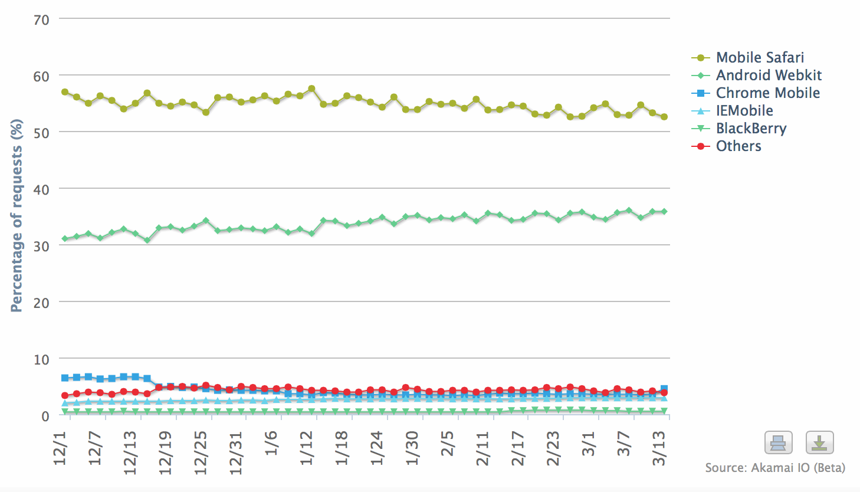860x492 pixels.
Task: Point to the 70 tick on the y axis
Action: (41, 20)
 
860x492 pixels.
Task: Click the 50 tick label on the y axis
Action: (41, 133)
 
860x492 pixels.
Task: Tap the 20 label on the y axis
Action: (41, 303)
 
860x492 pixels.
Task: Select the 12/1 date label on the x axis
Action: (60, 448)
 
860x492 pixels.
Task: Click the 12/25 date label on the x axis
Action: (201, 453)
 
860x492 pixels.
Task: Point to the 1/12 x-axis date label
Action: (307, 448)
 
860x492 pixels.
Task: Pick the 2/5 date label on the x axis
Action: (448, 444)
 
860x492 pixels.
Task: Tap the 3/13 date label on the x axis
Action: (659, 448)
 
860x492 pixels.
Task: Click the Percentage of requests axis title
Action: (17, 215)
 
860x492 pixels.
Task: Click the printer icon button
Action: (779, 442)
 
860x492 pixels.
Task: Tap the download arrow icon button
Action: (820, 442)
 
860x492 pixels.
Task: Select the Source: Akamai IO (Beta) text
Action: (775, 468)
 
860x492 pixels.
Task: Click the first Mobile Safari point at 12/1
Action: (65, 92)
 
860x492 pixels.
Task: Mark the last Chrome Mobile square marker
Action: (664, 389)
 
